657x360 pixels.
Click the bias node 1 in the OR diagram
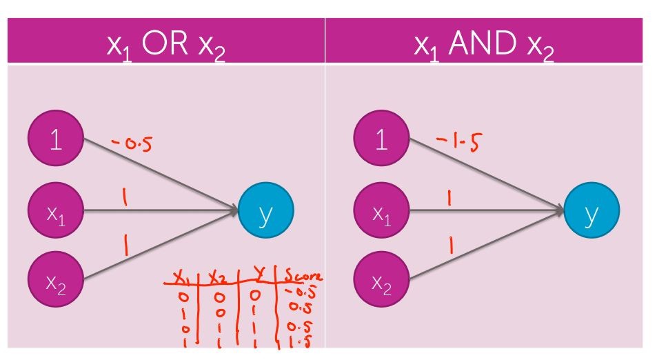(55, 140)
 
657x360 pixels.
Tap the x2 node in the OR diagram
(55, 280)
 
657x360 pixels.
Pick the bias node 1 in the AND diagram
(381, 140)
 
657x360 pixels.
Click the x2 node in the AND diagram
(381, 280)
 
